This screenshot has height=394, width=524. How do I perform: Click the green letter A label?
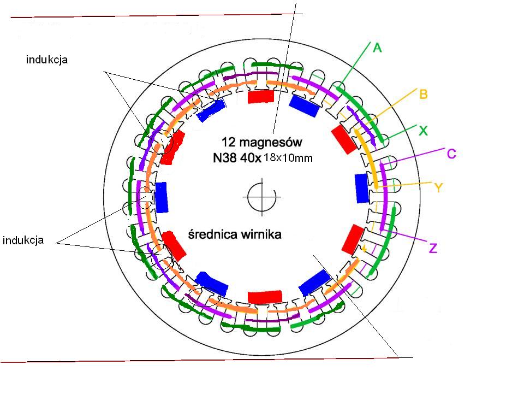(x=377, y=48)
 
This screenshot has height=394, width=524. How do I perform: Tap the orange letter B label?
(x=423, y=94)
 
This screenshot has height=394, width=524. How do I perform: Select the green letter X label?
(x=422, y=131)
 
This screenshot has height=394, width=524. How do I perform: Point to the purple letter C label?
(x=451, y=154)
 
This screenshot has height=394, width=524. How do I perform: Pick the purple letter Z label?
(x=433, y=249)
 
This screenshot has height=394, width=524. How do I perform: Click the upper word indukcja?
(x=47, y=60)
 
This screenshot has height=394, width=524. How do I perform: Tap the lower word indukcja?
(x=23, y=240)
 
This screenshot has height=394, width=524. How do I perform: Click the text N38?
(x=226, y=158)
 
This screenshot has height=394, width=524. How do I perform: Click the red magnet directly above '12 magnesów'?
(x=260, y=97)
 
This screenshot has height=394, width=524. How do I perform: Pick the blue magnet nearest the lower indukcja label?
(x=162, y=197)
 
